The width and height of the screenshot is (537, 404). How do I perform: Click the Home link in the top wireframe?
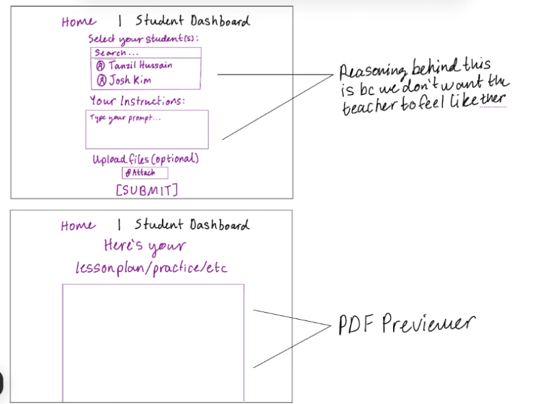(78, 22)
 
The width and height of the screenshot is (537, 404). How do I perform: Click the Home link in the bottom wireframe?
(78, 226)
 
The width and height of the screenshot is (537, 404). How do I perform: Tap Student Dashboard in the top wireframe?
(192, 21)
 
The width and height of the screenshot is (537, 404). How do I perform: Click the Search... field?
(146, 53)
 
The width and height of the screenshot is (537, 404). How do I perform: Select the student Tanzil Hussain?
(140, 65)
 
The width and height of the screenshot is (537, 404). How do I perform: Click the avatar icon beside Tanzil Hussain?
(100, 66)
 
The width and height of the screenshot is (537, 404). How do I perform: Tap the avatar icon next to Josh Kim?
(100, 81)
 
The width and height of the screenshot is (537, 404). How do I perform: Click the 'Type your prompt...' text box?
(147, 129)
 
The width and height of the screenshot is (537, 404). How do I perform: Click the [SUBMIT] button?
(146, 190)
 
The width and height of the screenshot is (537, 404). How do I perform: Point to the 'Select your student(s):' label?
(143, 39)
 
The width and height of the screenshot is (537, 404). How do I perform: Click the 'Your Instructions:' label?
(137, 101)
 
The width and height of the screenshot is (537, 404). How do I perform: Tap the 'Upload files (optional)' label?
(145, 159)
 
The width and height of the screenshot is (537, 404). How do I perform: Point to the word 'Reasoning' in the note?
(372, 68)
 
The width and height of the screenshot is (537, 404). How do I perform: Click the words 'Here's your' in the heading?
(145, 246)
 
